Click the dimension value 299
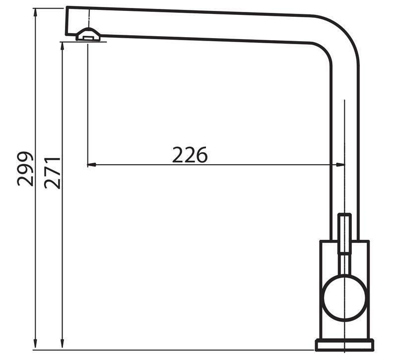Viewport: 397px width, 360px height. [x=25, y=169]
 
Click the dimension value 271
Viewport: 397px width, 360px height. [x=53, y=173]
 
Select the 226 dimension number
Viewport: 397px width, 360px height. [x=190, y=155]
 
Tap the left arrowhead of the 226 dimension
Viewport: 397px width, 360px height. [x=91, y=165]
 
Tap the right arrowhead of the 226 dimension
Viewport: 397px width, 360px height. [x=340, y=165]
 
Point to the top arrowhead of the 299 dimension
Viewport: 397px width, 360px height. [x=35, y=13]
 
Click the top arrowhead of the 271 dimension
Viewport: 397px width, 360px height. [x=63, y=47]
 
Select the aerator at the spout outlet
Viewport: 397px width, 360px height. [x=88, y=34]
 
